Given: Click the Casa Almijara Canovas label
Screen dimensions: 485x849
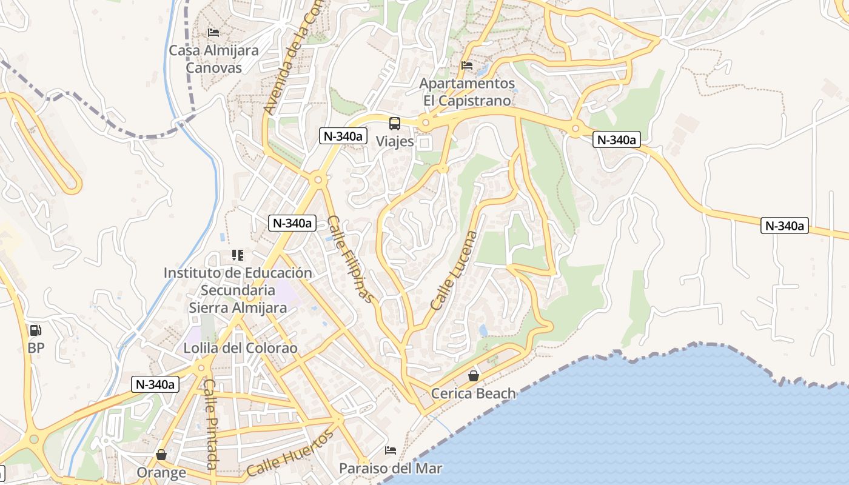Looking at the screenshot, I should tap(213, 59).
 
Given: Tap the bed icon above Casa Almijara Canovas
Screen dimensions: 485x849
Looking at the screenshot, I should tap(213, 32).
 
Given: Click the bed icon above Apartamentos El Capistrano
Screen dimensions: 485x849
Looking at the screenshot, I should tap(466, 65).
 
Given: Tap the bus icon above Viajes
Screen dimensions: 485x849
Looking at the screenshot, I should tap(395, 124).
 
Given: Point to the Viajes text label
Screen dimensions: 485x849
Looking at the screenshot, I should tap(395, 141).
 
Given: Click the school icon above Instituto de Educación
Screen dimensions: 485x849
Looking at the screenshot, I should tap(237, 255).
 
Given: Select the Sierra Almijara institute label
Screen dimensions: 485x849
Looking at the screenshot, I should tap(238, 290).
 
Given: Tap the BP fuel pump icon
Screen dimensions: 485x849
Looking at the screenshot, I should tap(36, 330).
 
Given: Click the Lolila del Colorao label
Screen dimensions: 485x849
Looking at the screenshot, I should tap(241, 348).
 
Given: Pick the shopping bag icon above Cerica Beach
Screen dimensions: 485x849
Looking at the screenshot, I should tap(473, 376).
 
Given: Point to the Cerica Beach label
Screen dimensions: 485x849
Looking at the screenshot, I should tap(473, 393).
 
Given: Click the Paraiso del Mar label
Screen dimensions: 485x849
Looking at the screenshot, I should tap(391, 468).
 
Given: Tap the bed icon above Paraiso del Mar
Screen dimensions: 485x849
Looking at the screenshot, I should tap(391, 450).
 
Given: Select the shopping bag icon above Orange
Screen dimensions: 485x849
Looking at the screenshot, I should tap(161, 455).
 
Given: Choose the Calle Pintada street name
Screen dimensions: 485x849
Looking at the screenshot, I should tap(210, 424).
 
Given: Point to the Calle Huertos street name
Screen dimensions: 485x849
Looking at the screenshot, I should tap(290, 453).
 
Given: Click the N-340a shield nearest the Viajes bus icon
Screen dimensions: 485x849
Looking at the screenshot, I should tap(343, 136).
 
